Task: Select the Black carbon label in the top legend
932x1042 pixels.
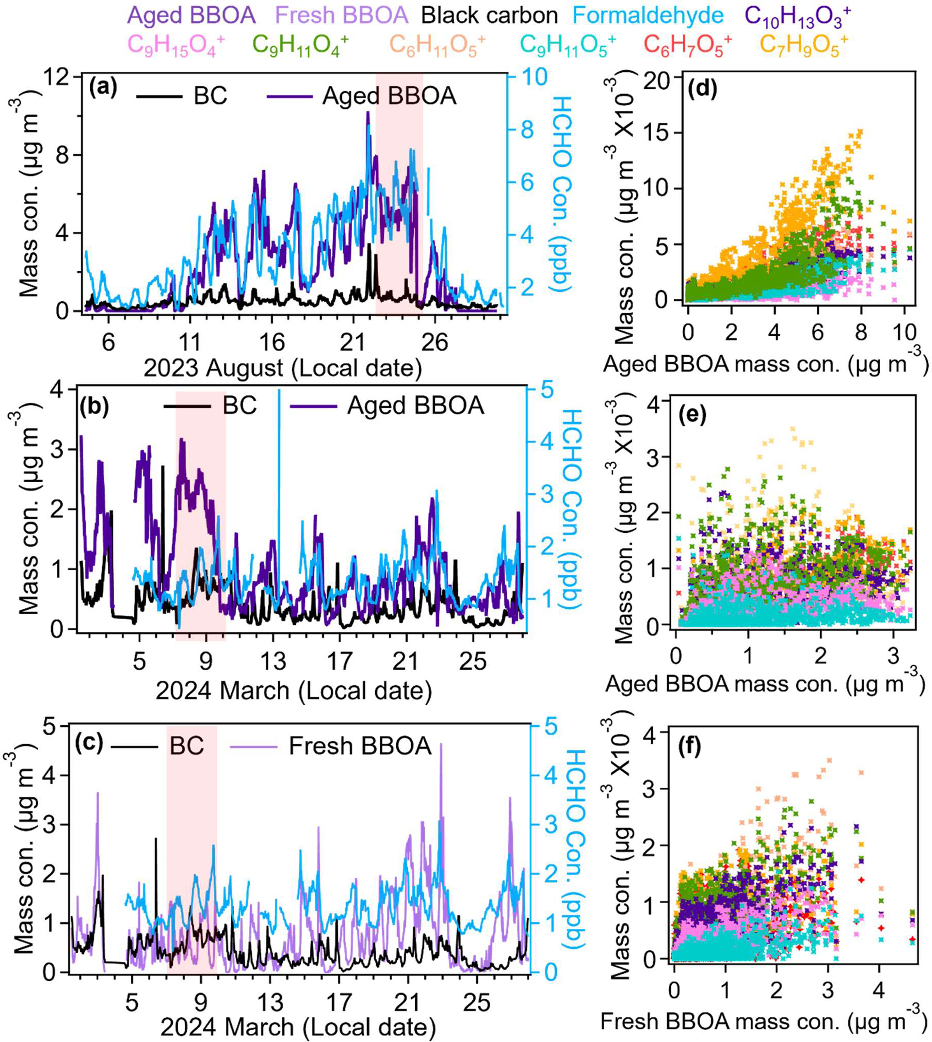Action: coord(490,15)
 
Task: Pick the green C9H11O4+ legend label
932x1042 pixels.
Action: coord(300,45)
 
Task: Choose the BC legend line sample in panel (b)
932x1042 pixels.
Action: coord(187,406)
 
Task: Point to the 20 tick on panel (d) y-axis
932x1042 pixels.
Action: coord(665,77)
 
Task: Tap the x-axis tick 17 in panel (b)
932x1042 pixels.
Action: coord(339,661)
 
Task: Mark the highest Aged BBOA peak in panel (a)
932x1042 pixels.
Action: coord(367,113)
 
